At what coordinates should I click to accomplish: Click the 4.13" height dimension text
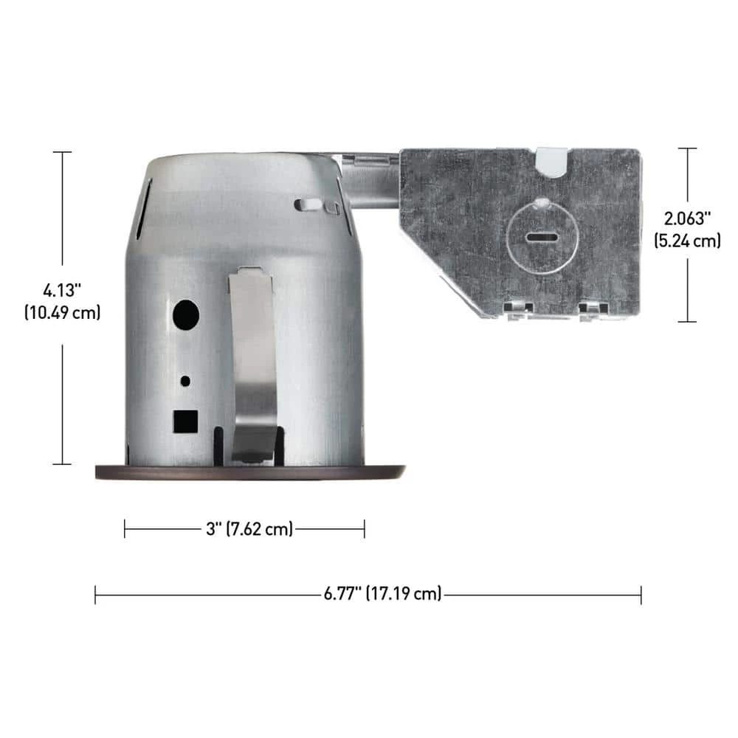click(x=62, y=290)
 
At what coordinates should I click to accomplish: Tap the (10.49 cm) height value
click(x=63, y=312)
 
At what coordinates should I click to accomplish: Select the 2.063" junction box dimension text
click(x=687, y=218)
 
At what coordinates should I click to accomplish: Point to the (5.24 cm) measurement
click(x=687, y=241)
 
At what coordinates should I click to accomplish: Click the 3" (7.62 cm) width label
click(x=249, y=528)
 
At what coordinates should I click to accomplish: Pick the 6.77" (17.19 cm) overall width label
click(x=382, y=593)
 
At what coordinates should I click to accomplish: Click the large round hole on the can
click(x=186, y=315)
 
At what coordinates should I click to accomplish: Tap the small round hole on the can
click(x=185, y=381)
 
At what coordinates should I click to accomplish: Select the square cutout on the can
click(x=185, y=421)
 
